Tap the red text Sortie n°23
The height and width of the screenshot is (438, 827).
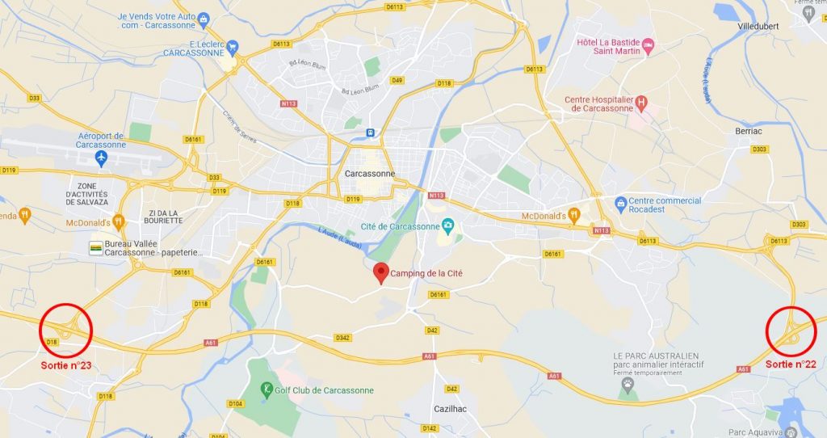[66, 365]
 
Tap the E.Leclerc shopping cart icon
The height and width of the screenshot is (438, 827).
[233, 48]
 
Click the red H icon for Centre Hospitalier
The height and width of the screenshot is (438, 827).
[641, 103]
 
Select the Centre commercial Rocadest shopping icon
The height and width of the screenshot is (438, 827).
[620, 201]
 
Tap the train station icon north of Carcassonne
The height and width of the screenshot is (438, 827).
[370, 133]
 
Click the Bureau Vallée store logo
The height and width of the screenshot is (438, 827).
[96, 246]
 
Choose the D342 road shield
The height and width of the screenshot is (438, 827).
[342, 338]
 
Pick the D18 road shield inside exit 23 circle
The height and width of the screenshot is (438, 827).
[52, 343]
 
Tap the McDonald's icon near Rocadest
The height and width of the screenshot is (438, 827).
[574, 215]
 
